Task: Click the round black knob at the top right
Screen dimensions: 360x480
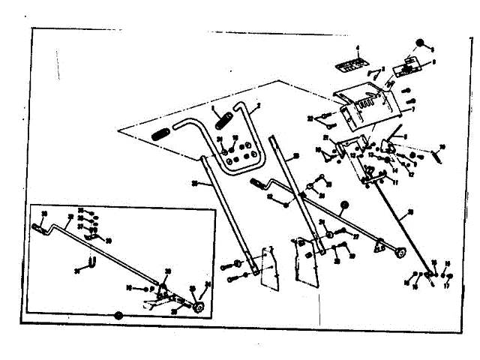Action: [x=421, y=42]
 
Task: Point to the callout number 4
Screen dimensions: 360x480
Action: [x=358, y=48]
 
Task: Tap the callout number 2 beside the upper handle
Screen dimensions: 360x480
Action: [x=258, y=106]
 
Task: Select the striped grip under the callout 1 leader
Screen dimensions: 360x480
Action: [x=224, y=118]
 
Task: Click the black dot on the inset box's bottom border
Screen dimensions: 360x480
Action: [x=117, y=315]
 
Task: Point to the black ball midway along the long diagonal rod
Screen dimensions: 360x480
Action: [x=344, y=205]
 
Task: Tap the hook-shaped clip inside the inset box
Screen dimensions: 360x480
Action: [x=91, y=263]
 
